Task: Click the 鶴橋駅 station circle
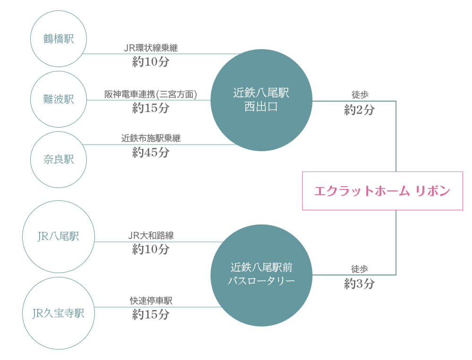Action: point(59,39)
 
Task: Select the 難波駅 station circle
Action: point(59,100)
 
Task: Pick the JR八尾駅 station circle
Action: point(59,237)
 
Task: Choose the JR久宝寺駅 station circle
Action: point(59,313)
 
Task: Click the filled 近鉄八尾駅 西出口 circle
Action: point(261,100)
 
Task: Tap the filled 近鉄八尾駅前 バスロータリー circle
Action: point(261,274)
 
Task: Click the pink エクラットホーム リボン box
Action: point(382,191)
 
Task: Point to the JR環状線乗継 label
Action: point(151,48)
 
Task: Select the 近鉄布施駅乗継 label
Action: point(151,138)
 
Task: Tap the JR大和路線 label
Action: point(151,235)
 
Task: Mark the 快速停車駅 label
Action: point(151,300)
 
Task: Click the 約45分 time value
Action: point(151,153)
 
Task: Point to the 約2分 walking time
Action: point(360,110)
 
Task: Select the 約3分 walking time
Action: point(360,284)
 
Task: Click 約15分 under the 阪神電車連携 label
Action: point(151,108)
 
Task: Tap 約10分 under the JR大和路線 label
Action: point(151,249)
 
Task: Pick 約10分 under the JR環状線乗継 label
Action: point(151,62)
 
